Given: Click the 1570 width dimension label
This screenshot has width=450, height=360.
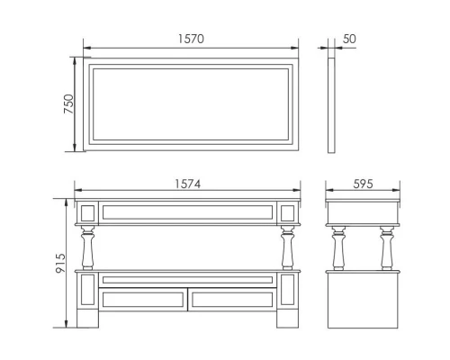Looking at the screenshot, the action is [191, 39].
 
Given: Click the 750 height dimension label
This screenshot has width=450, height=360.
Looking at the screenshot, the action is [68, 103].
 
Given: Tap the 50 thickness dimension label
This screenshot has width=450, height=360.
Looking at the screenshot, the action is [349, 39].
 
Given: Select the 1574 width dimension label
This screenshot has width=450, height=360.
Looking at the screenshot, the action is [187, 184].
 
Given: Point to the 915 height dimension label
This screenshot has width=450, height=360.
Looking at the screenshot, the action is [60, 263].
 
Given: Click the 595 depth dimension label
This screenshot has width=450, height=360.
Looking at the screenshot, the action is [363, 184].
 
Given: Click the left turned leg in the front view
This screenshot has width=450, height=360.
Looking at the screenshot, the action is [87, 247].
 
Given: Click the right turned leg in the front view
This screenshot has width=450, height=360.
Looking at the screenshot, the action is [287, 247].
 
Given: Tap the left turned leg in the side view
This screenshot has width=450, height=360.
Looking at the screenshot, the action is [338, 248].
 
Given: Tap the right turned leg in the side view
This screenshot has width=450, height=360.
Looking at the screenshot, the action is [387, 248].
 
